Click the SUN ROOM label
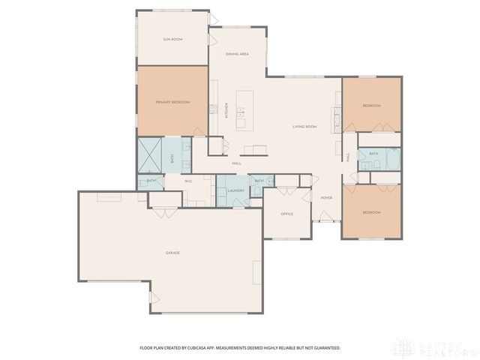[172, 38]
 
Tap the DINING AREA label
[238, 54]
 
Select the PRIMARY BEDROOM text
[172, 101]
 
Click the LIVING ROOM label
[304, 127]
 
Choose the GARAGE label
[172, 253]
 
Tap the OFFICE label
[286, 214]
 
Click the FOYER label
[326, 197]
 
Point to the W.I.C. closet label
[189, 180]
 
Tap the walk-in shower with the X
[149, 156]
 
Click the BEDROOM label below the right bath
[371, 213]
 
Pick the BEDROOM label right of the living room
[371, 106]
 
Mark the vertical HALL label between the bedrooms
[348, 157]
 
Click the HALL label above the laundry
[236, 163]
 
